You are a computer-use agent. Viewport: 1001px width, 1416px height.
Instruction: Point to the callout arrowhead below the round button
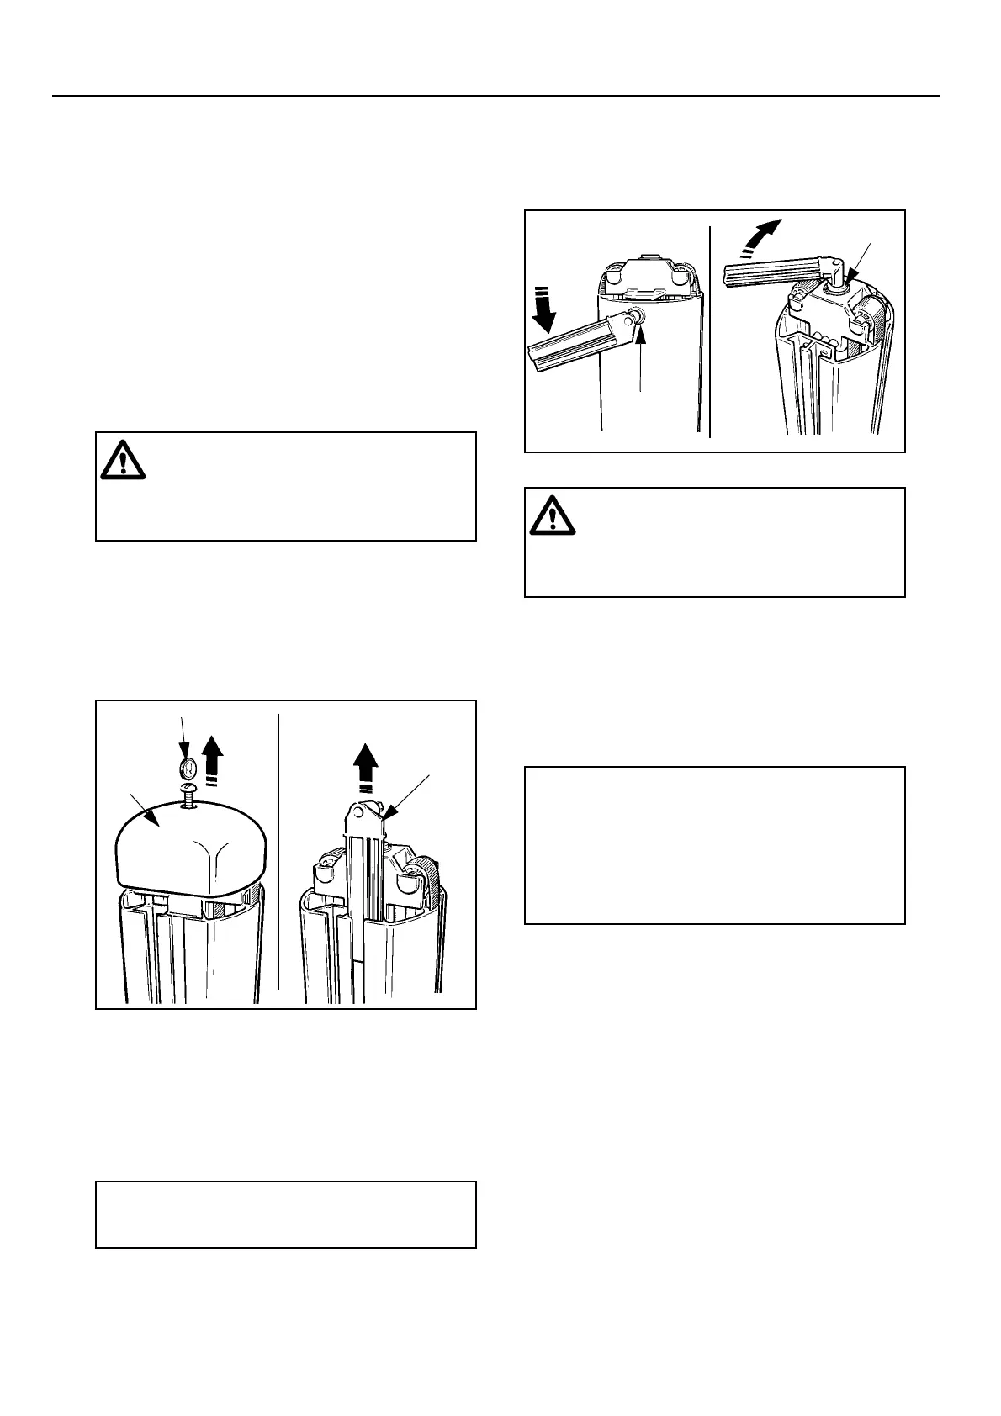click(x=641, y=336)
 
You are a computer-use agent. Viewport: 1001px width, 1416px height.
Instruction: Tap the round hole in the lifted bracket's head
click(x=365, y=811)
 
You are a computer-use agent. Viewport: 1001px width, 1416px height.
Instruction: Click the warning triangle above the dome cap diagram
click(x=123, y=461)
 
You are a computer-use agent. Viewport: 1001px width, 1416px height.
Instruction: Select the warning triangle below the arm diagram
click(x=552, y=516)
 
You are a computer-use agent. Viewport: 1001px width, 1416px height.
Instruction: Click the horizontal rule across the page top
click(x=496, y=96)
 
